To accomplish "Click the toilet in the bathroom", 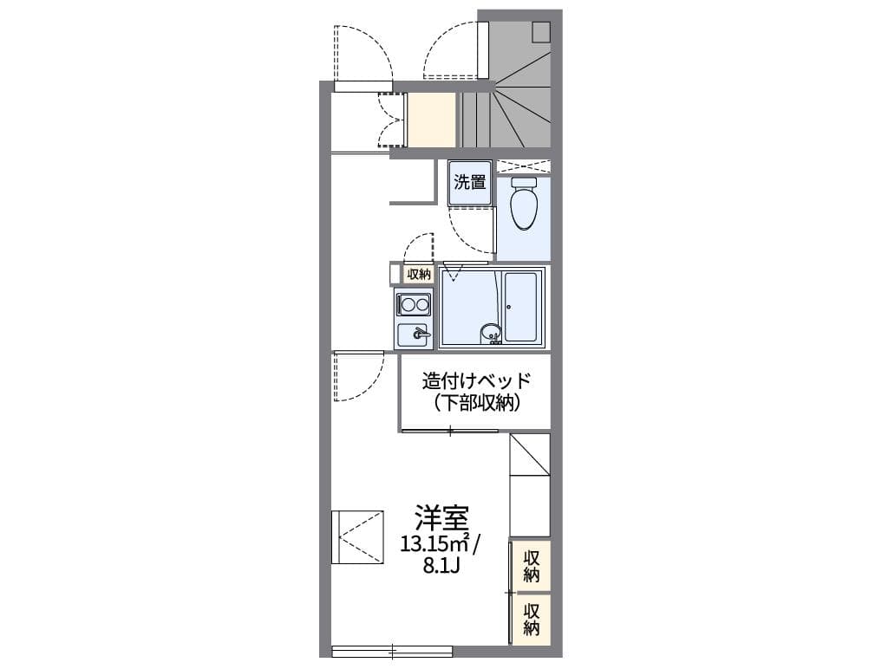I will (x=523, y=205).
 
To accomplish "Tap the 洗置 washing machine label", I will (x=470, y=183).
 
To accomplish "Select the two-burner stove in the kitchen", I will (x=413, y=304).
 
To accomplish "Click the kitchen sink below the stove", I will (x=415, y=334).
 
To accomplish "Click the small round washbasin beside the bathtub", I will (x=491, y=332).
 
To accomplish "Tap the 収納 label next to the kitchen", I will (x=418, y=274).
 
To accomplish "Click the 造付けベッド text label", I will (x=475, y=380).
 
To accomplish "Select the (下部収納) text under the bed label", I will (x=475, y=402).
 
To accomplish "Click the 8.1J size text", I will (x=441, y=568).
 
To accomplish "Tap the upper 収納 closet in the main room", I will (x=532, y=565).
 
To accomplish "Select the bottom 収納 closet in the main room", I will (x=532, y=617).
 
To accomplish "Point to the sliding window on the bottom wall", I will (x=392, y=650).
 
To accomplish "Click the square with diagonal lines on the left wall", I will (x=357, y=537).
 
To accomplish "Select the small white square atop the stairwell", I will (x=541, y=32).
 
